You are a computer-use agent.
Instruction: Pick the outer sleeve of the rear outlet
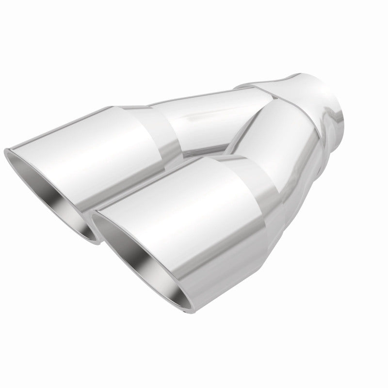click(x=107, y=145)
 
